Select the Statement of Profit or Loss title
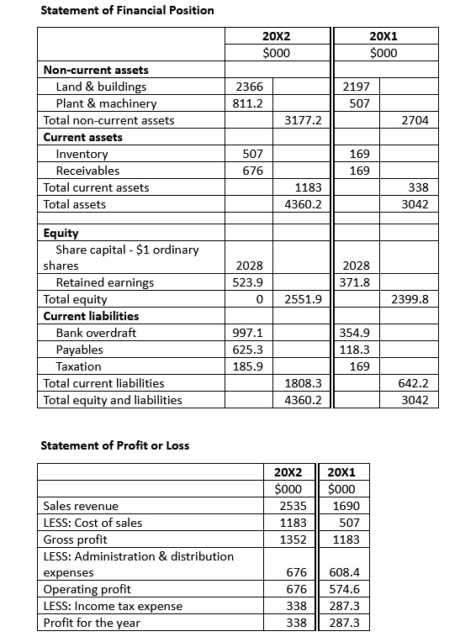pyautogui.click(x=115, y=445)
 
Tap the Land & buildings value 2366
pyautogui.click(x=249, y=87)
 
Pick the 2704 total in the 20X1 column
pyautogui.click(x=415, y=120)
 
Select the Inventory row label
pyautogui.click(x=82, y=154)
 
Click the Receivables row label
pyautogui.click(x=87, y=171)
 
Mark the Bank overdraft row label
pyautogui.click(x=96, y=333)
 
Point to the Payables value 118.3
pyautogui.click(x=353, y=350)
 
